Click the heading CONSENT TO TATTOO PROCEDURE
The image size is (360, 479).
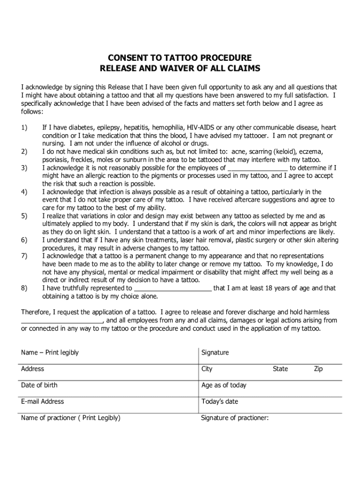180,58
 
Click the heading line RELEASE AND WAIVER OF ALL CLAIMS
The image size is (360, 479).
180,68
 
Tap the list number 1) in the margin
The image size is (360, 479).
24,128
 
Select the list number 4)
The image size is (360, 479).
24,192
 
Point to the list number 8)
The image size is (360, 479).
24,288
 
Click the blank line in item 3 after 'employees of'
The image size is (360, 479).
258,168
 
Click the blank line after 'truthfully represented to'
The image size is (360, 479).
173,289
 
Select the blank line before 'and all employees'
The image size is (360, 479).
62,321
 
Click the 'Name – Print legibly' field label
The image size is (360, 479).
50,353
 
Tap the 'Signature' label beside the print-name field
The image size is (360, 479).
215,353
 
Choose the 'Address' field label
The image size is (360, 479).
33,369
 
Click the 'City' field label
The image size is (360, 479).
207,369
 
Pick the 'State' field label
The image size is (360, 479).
281,369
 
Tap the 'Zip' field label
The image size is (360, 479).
318,369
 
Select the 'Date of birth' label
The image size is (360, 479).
39,385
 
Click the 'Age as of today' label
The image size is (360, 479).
223,385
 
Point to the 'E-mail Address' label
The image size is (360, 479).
43,401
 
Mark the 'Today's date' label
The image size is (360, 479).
219,401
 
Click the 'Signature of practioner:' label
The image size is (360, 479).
235,418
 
